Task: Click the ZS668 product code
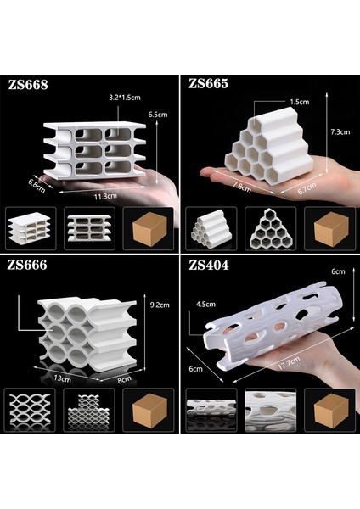tap(28, 85)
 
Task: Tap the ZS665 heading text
tap(209, 83)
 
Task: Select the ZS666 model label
tap(27, 266)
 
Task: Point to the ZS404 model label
tap(209, 266)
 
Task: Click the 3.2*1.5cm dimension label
tap(125, 98)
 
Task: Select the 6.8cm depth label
tap(36, 185)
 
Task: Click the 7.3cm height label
tap(340, 131)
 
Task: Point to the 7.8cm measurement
tap(242, 187)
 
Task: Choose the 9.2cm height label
tap(160, 305)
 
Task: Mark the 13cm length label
tap(62, 378)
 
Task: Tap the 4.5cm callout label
tap(205, 305)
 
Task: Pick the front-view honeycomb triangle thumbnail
tap(270, 229)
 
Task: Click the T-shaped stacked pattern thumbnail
tap(88, 410)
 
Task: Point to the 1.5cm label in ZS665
tap(300, 102)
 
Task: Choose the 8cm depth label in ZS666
tap(125, 379)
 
